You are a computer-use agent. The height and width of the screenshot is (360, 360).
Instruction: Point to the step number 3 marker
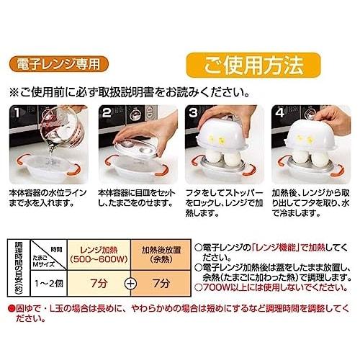click(x=194, y=113)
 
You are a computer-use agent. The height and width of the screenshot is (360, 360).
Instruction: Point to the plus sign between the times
click(x=130, y=284)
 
